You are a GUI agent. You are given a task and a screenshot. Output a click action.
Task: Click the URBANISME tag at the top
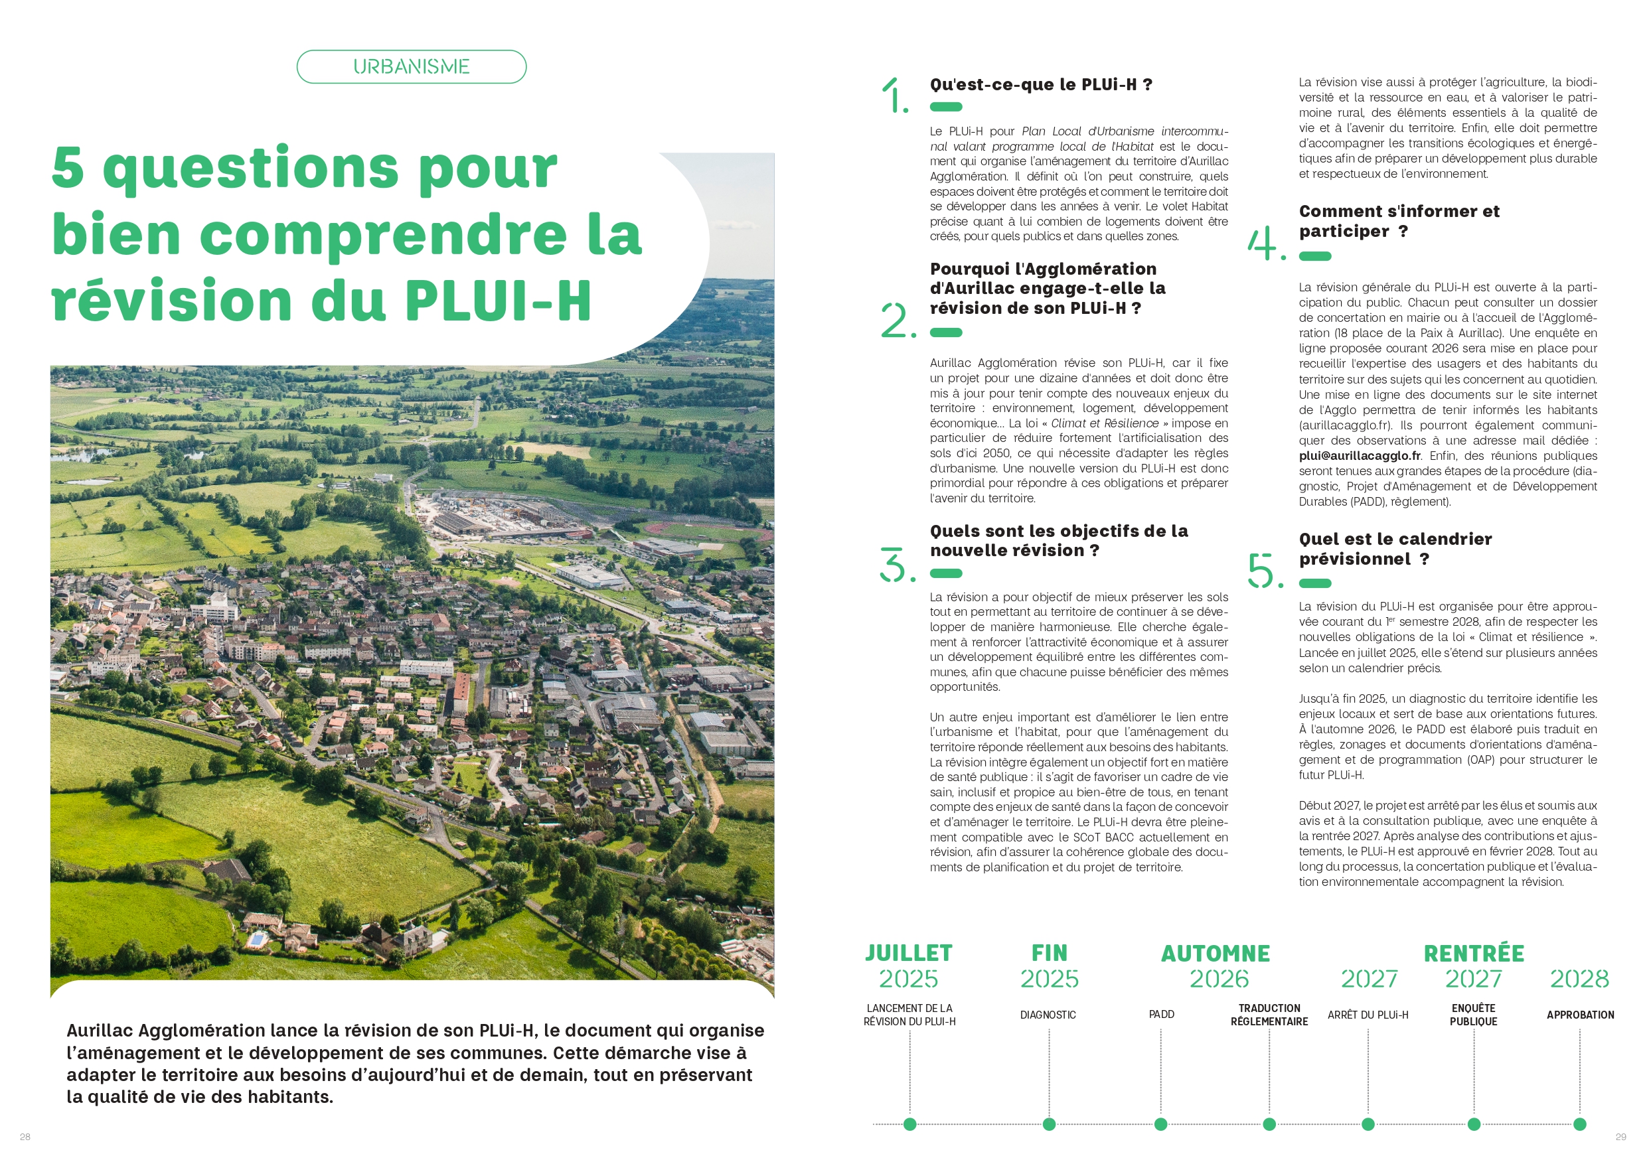pos(411,67)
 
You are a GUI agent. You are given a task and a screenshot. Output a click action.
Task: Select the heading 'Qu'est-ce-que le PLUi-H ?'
pos(1041,85)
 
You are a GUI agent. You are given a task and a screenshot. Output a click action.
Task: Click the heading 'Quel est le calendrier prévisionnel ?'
pos(1395,549)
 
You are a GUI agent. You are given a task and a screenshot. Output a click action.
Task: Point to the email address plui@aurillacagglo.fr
pos(1360,456)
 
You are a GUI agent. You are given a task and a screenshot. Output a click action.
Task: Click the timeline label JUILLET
pos(908,953)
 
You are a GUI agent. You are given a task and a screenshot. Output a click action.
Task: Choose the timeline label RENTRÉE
pos(1474,954)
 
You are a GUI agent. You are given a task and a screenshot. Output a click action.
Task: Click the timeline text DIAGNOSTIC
pos(1048,1015)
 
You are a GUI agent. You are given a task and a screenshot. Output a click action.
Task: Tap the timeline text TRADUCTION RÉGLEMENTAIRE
pos(1269,1015)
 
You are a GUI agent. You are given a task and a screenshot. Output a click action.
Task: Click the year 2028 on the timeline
pos(1579,979)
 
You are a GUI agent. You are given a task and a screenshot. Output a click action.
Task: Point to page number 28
pos(25,1137)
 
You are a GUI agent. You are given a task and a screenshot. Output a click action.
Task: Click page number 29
pos(1620,1137)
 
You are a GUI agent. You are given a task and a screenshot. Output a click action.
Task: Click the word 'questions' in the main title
pos(250,169)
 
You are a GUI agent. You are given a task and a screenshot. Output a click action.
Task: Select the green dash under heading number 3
pos(945,573)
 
